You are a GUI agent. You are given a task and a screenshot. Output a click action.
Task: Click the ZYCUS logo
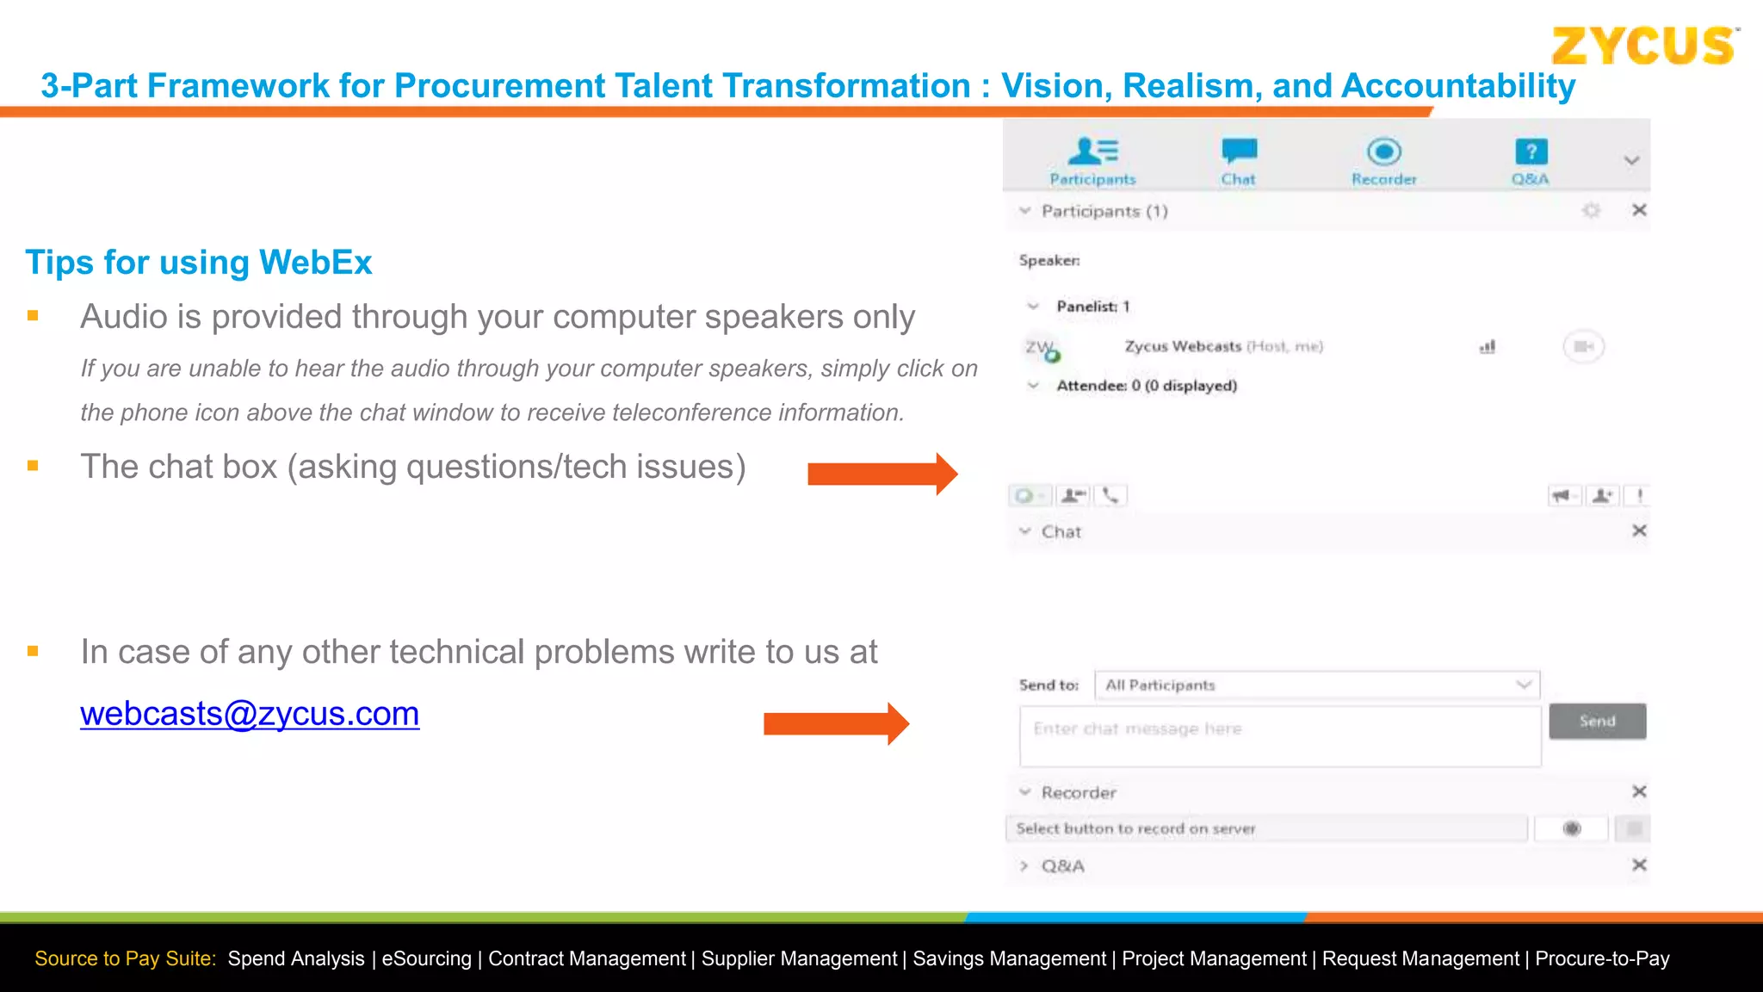click(1643, 46)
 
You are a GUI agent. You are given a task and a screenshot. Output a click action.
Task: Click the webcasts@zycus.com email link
click(250, 714)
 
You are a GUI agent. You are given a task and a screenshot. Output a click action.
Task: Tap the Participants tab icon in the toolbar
click(1092, 152)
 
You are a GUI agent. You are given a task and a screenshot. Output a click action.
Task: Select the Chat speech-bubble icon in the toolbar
click(1239, 152)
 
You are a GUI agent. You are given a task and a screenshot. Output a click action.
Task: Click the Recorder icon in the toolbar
click(1383, 152)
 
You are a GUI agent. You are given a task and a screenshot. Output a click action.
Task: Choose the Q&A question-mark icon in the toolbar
click(1531, 152)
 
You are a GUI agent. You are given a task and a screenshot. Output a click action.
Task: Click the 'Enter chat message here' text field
click(1279, 736)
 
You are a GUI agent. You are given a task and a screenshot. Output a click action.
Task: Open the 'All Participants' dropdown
click(1316, 685)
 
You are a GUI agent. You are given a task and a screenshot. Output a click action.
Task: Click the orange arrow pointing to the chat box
click(882, 474)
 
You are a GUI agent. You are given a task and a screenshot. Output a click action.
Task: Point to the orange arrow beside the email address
click(836, 723)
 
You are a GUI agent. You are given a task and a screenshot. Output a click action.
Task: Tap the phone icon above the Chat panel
click(1110, 495)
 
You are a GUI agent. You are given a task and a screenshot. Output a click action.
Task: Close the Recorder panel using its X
click(1639, 791)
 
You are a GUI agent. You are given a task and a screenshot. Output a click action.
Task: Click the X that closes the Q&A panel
click(1639, 865)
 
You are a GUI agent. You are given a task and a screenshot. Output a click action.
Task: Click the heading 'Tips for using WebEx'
click(199, 263)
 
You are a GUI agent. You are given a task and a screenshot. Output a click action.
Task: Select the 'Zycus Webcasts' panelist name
click(1182, 346)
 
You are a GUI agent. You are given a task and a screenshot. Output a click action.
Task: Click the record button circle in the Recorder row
click(1572, 828)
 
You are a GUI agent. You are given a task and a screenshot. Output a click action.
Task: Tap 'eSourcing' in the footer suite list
click(426, 958)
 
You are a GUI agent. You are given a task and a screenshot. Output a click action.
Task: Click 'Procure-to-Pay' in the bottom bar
click(1602, 958)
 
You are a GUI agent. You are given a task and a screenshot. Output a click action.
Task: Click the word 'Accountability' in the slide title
click(1458, 86)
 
